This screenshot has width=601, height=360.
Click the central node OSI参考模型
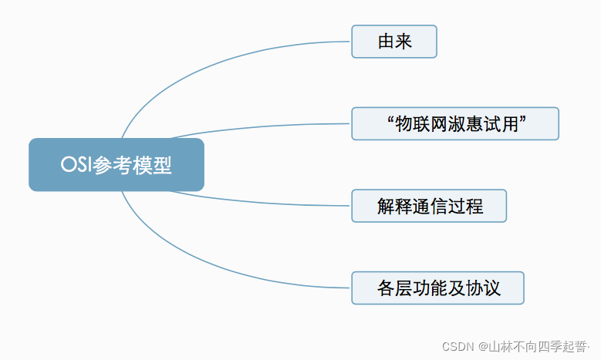(116, 165)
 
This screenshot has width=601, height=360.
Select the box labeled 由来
(394, 42)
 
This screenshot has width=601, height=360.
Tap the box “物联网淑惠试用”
(454, 123)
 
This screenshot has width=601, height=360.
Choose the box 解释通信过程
(429, 206)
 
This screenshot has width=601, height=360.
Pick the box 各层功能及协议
(437, 288)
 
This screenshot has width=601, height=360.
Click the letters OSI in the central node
(76, 166)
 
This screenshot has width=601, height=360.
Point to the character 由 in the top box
(386, 42)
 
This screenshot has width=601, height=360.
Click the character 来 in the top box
(403, 42)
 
